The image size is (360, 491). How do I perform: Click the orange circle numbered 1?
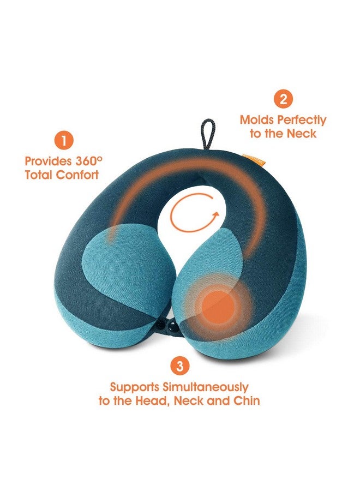(64, 141)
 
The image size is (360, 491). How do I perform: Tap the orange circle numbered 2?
(283, 99)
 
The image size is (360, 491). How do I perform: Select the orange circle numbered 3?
(179, 366)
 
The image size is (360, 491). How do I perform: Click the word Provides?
(48, 161)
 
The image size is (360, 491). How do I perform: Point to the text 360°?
(89, 161)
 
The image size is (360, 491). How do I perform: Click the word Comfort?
(77, 175)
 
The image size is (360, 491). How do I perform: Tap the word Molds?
(257, 120)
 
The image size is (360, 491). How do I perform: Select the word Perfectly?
(302, 121)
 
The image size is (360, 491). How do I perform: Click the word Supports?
(135, 388)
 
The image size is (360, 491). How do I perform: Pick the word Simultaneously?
(205, 388)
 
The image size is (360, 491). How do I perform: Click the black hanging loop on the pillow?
(208, 134)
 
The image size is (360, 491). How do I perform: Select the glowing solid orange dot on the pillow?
(218, 307)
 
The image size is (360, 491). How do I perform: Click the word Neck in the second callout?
(302, 134)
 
